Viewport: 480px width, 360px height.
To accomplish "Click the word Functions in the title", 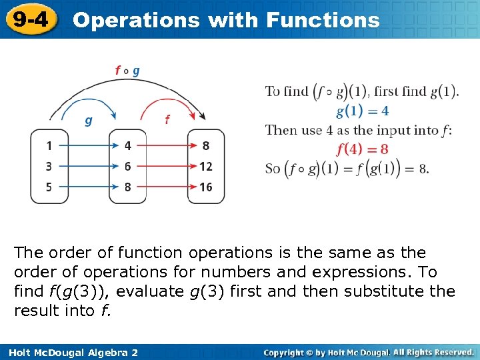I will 323,20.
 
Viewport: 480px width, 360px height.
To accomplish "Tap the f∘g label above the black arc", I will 127,70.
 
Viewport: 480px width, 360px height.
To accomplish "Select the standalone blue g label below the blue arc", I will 87,121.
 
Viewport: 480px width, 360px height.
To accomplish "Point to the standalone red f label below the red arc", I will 167,120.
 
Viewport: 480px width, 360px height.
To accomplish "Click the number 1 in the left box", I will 49,146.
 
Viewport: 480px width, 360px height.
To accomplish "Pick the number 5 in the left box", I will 49,187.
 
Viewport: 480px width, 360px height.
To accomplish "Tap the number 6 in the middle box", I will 128,167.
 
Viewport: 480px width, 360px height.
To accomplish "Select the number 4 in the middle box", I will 128,146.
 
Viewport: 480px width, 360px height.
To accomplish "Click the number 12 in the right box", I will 205,167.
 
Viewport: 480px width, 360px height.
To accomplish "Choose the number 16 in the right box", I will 205,187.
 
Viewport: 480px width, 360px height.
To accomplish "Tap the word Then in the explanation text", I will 280,130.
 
